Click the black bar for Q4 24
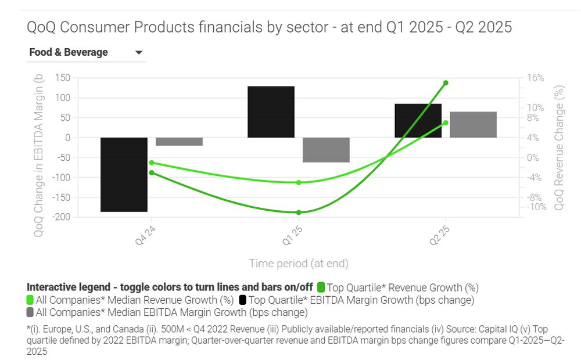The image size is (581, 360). pyautogui.click(x=124, y=174)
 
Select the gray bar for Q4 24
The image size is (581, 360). pyautogui.click(x=179, y=142)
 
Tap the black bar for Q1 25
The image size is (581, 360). pyautogui.click(x=271, y=111)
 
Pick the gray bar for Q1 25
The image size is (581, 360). pyautogui.click(x=326, y=150)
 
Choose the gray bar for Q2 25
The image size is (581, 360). pyautogui.click(x=473, y=124)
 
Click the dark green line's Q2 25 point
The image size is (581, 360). pyautogui.click(x=446, y=83)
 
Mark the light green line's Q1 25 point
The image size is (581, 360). pyautogui.click(x=299, y=182)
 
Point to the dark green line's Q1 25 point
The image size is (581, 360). pyautogui.click(x=299, y=213)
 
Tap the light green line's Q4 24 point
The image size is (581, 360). pyautogui.click(x=152, y=163)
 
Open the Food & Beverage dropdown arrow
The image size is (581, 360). pyautogui.click(x=139, y=53)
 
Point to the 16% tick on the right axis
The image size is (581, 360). pyautogui.click(x=536, y=78)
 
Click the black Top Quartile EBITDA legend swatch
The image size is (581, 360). pyautogui.click(x=242, y=300)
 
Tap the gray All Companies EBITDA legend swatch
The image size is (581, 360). pyautogui.click(x=30, y=313)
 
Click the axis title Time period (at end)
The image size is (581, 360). pyautogui.click(x=299, y=264)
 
